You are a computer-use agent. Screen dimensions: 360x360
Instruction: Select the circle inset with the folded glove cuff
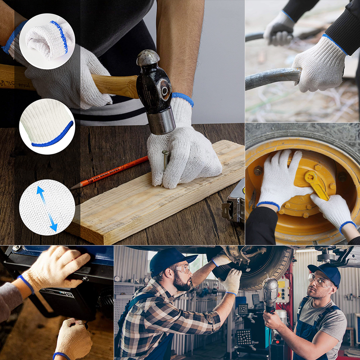(47, 41)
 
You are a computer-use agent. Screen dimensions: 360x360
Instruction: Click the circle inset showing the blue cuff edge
(47, 126)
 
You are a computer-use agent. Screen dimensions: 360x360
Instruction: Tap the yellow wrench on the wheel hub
(318, 184)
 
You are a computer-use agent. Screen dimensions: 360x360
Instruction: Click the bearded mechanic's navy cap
(171, 259)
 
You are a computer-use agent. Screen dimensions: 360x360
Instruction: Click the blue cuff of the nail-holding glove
(183, 98)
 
